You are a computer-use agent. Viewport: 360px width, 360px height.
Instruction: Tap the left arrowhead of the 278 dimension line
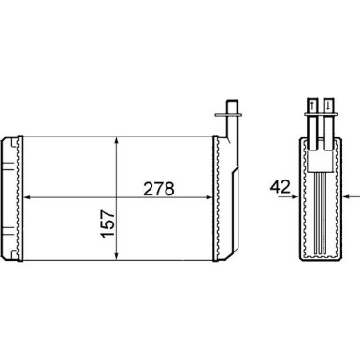tap(25, 198)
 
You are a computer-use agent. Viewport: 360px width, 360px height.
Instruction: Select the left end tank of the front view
tap(11, 198)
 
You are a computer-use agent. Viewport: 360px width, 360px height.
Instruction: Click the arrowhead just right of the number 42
tap(295, 198)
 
